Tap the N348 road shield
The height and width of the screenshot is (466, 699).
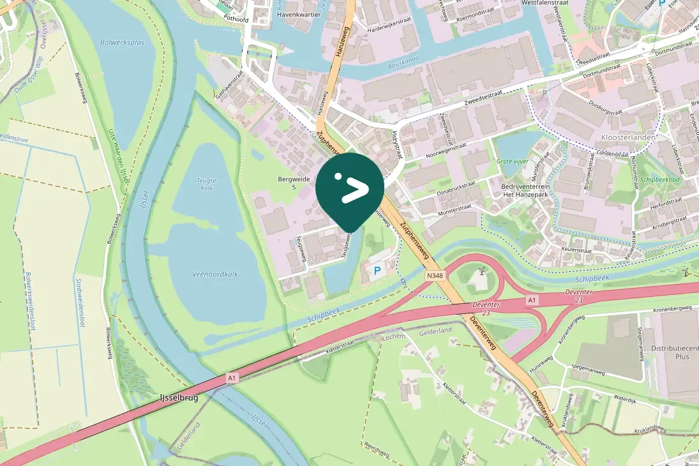pos(434,276)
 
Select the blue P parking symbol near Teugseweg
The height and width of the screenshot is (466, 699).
pos(377,271)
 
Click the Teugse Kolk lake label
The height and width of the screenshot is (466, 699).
pos(206,184)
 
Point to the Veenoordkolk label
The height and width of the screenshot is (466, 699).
pos(215,274)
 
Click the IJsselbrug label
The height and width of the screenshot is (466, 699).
pos(179,398)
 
